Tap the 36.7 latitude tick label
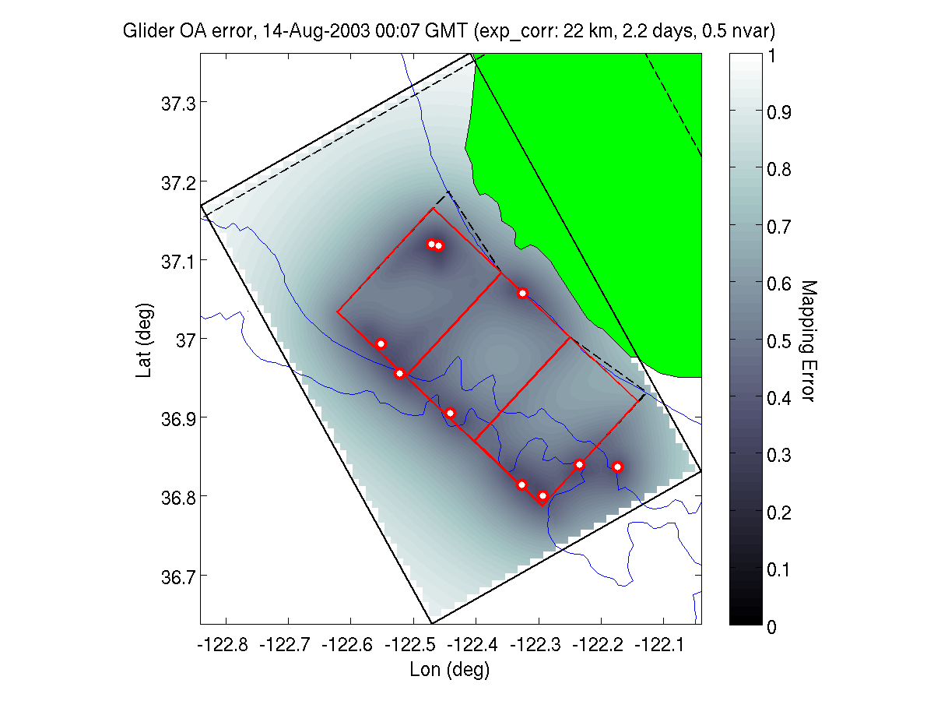click(176, 576)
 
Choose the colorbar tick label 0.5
click(781, 341)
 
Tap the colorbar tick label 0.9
click(781, 113)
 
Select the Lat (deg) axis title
click(144, 340)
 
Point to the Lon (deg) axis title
click(450, 669)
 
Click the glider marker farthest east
click(617, 467)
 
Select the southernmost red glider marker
click(542, 496)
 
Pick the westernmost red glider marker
click(381, 343)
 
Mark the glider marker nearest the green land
click(522, 293)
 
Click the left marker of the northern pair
click(430, 244)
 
